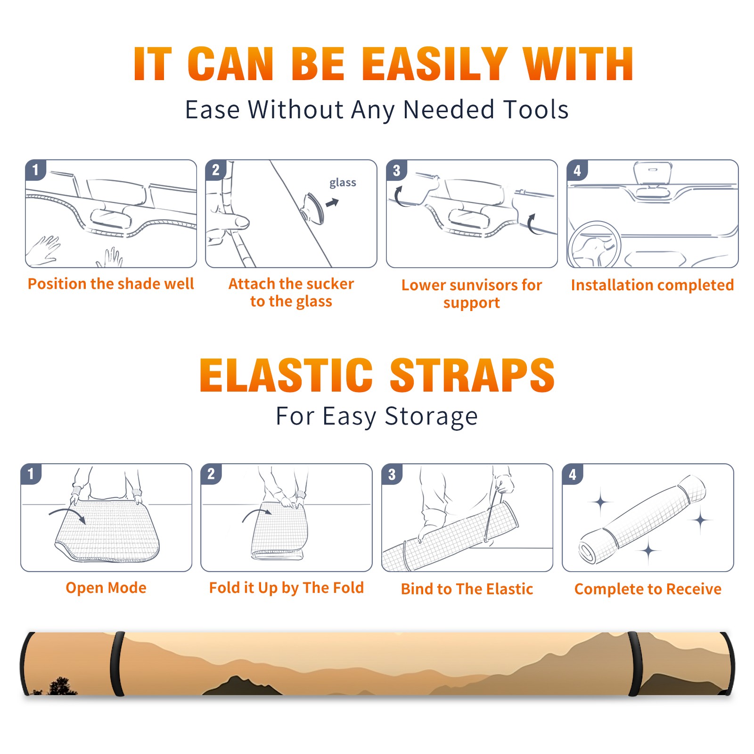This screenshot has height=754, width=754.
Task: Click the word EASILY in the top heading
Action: point(434,65)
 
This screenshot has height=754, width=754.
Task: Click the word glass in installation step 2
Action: point(343,183)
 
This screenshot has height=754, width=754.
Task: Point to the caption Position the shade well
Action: point(111,284)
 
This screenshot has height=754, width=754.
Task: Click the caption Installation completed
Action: point(652,285)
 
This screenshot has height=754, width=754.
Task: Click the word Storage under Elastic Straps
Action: point(431,417)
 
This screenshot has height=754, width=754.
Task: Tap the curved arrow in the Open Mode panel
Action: point(67,513)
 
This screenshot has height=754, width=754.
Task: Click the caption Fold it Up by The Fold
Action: point(287,588)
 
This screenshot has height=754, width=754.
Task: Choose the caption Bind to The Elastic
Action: point(467,589)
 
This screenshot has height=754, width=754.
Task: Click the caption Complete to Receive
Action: point(648,589)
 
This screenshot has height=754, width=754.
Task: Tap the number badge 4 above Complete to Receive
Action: point(573,475)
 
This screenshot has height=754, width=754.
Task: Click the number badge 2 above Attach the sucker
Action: point(216,170)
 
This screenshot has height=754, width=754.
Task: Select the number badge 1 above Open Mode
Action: point(31,474)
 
